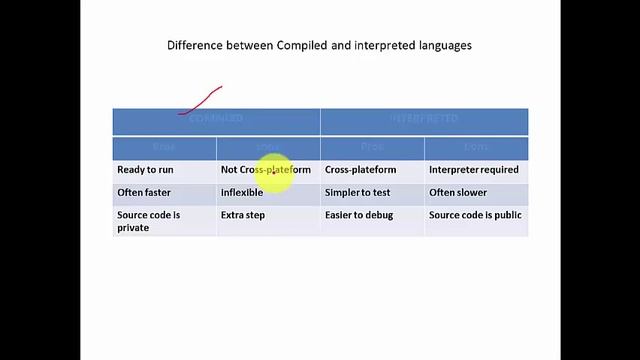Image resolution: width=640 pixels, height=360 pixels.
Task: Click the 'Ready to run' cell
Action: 145,170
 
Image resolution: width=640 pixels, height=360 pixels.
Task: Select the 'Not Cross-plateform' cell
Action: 266,170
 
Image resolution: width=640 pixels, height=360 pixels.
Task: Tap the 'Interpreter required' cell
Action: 474,170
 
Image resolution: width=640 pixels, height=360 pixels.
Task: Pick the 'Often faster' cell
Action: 144,192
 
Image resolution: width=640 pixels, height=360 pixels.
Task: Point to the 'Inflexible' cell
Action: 242,192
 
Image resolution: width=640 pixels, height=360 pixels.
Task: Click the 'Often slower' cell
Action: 459,192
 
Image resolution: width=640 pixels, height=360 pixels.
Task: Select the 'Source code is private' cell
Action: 149,221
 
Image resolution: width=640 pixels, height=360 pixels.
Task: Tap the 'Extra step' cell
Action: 243,215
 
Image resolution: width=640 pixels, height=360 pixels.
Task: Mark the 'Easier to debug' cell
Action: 359,215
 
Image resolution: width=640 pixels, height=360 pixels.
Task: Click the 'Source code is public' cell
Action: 475,215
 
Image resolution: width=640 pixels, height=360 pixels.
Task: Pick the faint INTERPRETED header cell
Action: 424,119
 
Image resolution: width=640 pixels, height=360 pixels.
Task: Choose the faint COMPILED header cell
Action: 216,119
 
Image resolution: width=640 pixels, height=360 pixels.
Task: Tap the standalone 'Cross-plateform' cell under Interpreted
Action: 360,170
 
